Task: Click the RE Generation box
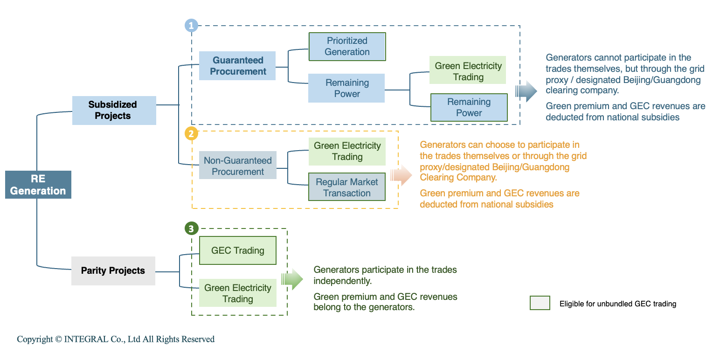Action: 38,185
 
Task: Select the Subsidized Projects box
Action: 114,111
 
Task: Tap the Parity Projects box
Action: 113,271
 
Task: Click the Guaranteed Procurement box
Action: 238,66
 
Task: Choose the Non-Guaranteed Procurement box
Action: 238,166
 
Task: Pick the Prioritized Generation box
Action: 347,46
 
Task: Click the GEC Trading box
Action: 238,250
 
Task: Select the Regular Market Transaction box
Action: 347,187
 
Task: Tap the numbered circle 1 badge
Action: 191,25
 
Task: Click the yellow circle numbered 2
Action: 191,134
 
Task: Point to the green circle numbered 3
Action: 191,228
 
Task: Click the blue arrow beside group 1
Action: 526,91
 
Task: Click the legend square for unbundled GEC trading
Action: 540,304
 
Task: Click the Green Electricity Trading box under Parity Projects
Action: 238,293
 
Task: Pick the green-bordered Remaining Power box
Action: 469,107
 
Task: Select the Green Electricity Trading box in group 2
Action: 347,151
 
